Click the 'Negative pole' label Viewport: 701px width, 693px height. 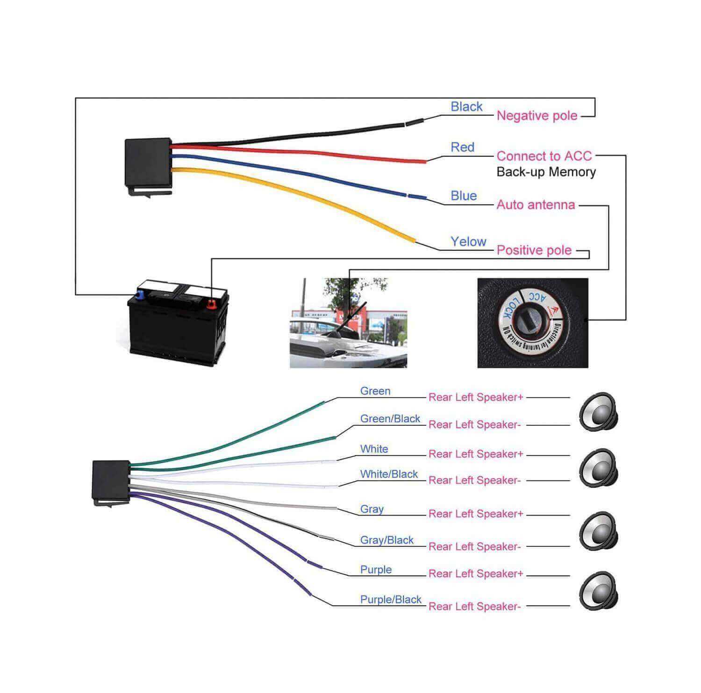(x=536, y=116)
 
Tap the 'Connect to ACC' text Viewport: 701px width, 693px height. (x=544, y=156)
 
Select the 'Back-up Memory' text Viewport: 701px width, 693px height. (x=546, y=172)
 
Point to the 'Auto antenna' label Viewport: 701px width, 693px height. (x=536, y=205)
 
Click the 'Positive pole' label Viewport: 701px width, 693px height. (x=534, y=250)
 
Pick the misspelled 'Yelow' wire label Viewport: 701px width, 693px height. (x=468, y=241)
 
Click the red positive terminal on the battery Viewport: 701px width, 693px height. (x=211, y=305)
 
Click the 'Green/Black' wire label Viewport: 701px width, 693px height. (x=390, y=419)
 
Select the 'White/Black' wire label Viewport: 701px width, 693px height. (x=389, y=474)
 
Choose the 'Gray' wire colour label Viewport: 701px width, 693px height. (x=372, y=509)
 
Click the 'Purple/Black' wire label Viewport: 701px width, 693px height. (x=391, y=600)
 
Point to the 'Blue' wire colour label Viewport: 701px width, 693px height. (x=464, y=196)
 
